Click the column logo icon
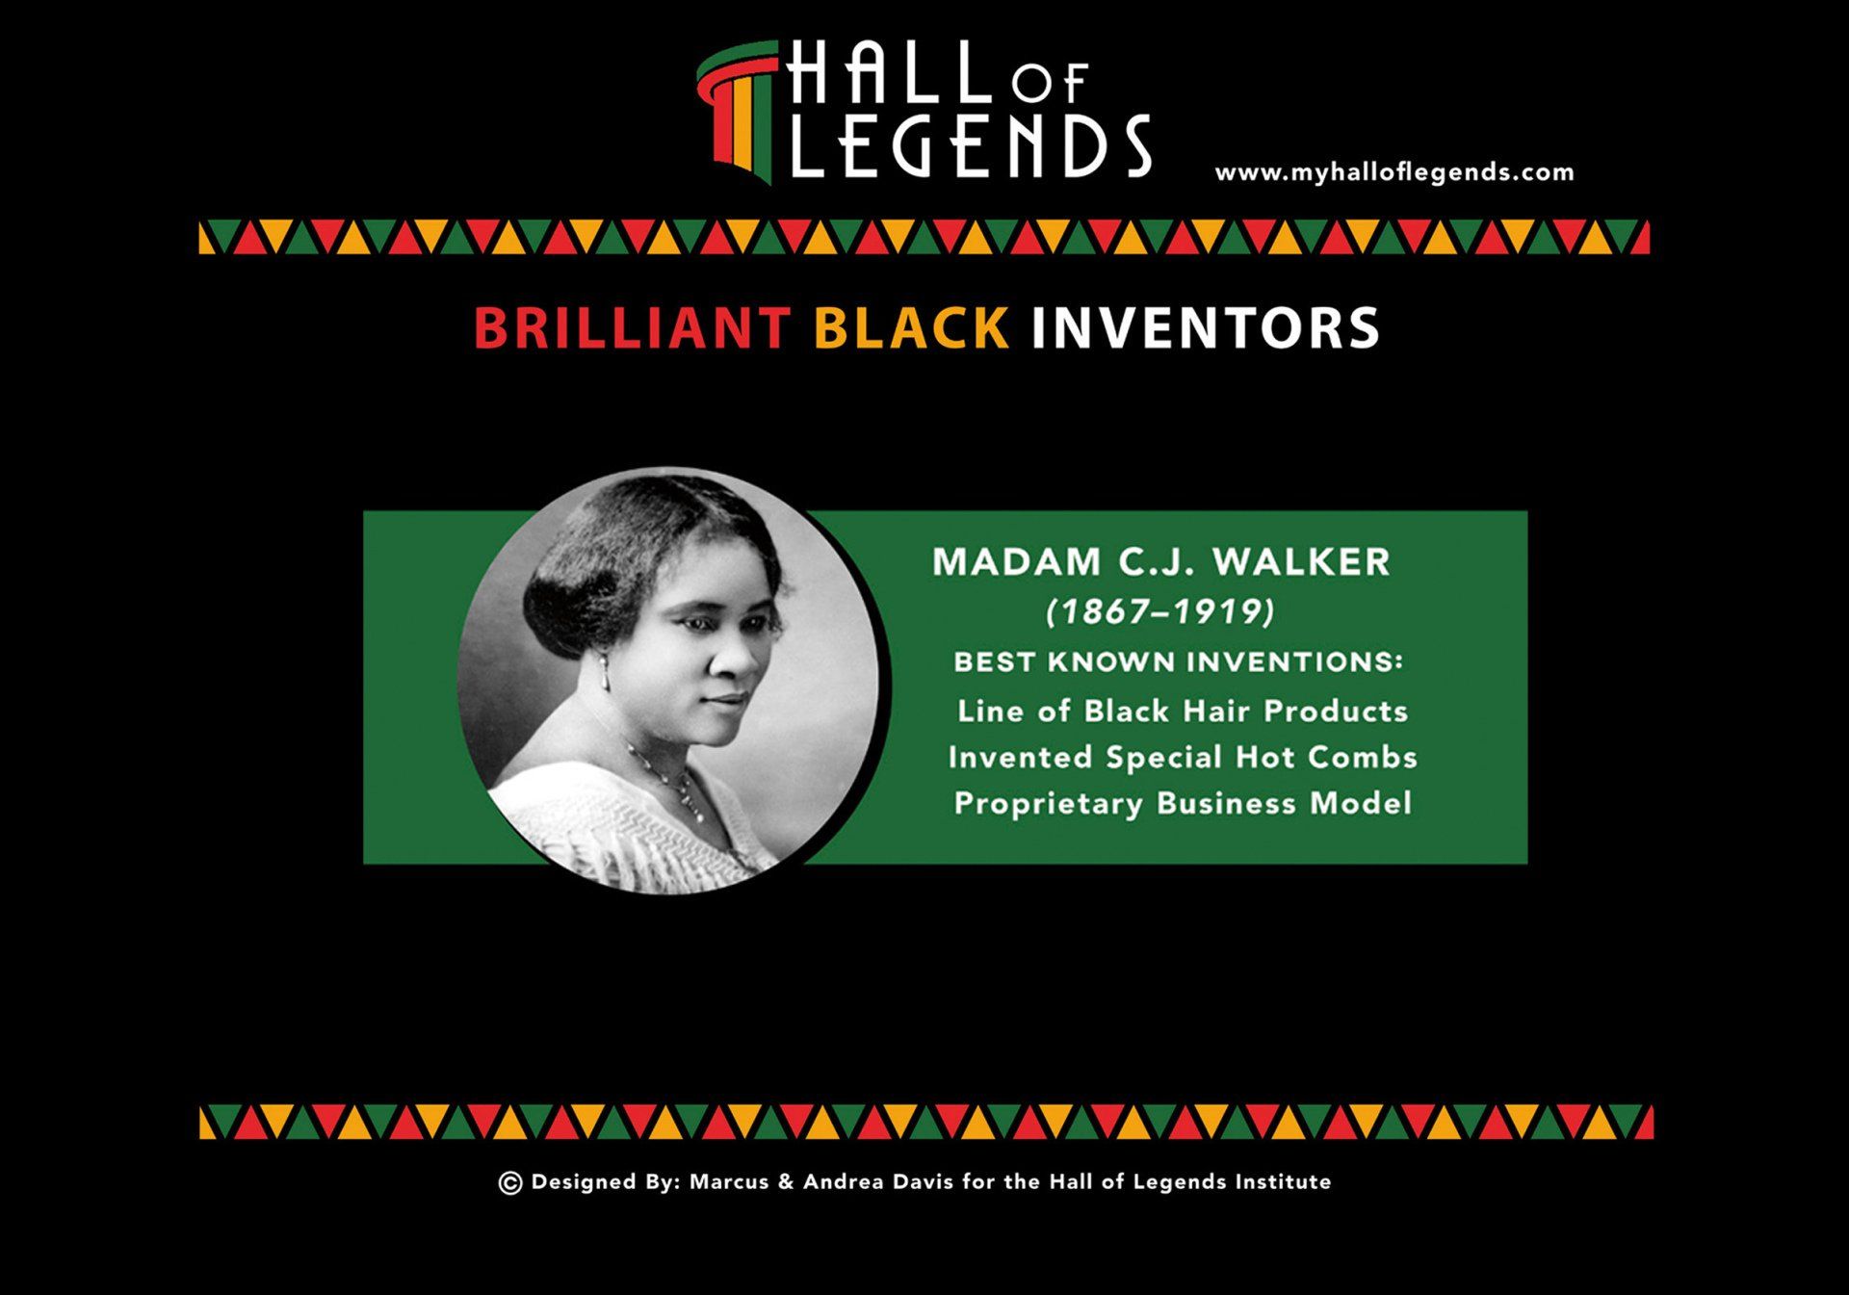point(737,112)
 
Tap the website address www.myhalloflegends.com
point(1394,173)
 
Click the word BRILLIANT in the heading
point(632,328)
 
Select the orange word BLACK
point(911,328)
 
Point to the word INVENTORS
point(1206,328)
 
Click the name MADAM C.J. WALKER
point(1161,562)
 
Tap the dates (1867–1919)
point(1160,611)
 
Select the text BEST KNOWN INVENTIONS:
point(1178,662)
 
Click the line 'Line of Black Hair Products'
point(1182,712)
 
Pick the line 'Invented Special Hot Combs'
point(1183,758)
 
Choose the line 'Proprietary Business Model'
point(1183,804)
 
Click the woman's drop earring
point(605,673)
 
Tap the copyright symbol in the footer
point(510,1183)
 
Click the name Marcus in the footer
point(729,1182)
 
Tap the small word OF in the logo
point(1050,84)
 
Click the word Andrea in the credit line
point(843,1182)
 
